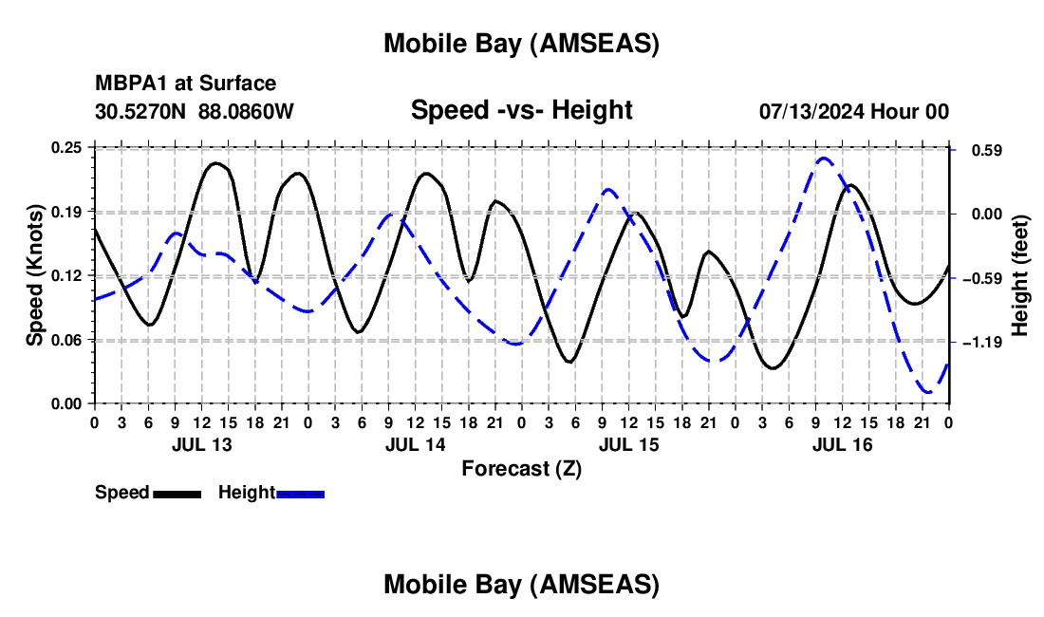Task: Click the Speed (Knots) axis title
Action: pos(35,275)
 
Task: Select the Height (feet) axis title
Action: pos(1021,275)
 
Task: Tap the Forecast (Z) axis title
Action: pos(521,468)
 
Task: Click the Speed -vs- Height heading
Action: pos(521,110)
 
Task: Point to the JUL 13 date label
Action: pos(201,444)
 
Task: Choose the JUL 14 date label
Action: pos(415,444)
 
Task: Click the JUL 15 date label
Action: pos(628,444)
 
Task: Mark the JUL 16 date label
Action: pos(842,444)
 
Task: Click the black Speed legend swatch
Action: pos(177,494)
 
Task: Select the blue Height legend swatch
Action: pos(300,494)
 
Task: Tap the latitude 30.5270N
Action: pos(140,112)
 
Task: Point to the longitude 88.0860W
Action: pos(246,112)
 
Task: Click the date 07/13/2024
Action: pos(807,112)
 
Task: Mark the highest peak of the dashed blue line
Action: pos(823,159)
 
